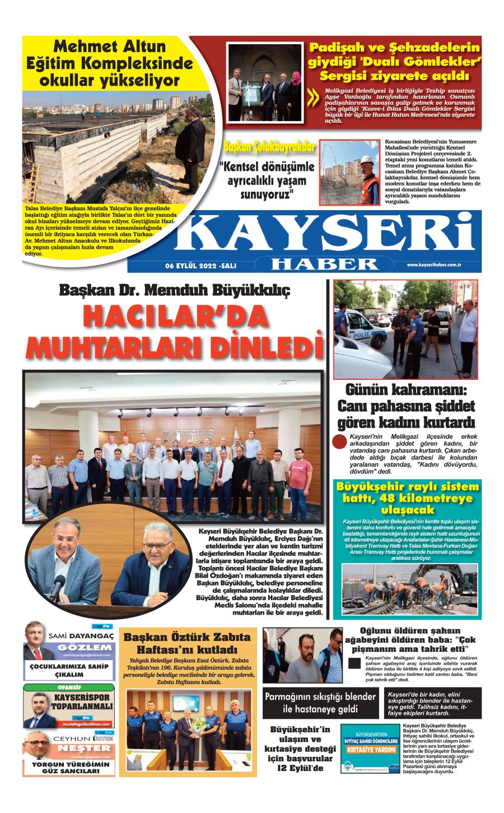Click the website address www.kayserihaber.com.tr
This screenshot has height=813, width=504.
click(x=433, y=264)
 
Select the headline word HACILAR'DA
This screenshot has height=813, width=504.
click(x=175, y=318)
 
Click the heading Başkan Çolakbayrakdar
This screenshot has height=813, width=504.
click(x=269, y=148)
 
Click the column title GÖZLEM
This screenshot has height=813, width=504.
click(x=85, y=648)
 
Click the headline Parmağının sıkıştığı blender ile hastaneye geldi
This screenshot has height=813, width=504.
click(x=320, y=703)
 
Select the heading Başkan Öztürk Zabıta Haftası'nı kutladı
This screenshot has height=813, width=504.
click(x=186, y=644)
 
